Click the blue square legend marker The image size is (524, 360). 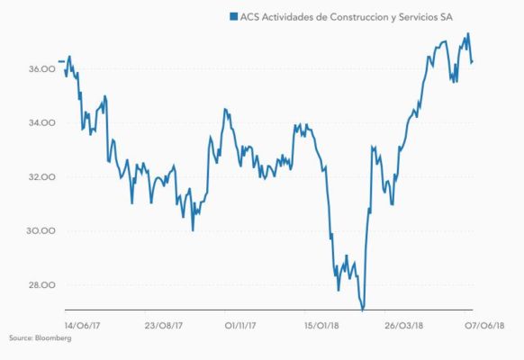(233, 16)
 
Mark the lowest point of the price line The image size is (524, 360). (363, 310)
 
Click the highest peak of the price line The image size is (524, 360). (467, 34)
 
